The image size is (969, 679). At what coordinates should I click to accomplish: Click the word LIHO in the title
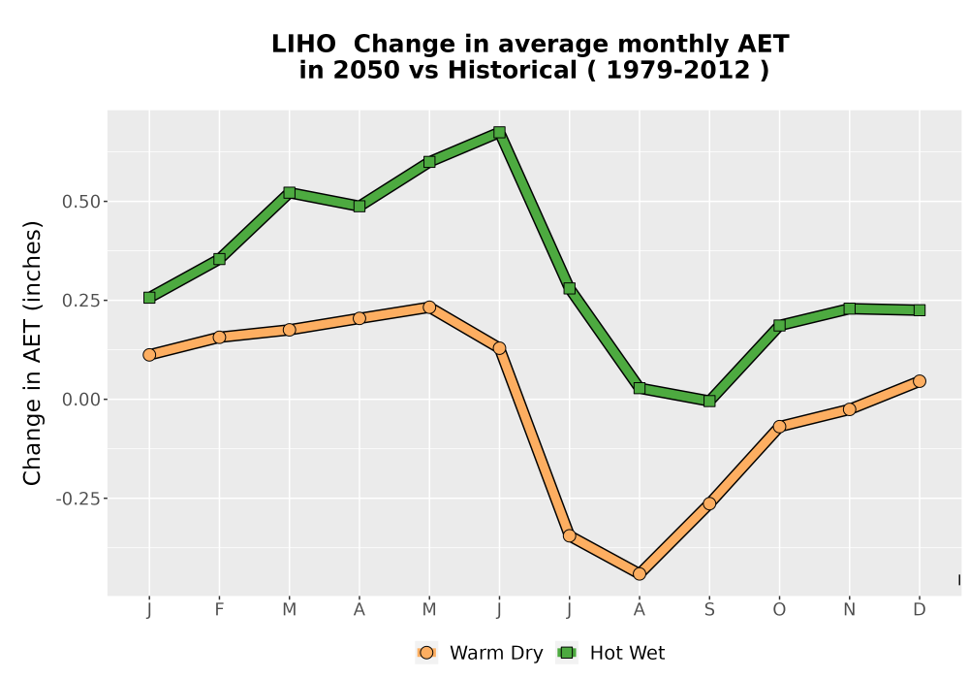tap(303, 45)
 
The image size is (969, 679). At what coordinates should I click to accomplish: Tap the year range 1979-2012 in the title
tap(678, 70)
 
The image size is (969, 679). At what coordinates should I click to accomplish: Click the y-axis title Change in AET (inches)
tap(32, 353)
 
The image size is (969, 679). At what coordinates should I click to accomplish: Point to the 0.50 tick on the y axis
tap(80, 202)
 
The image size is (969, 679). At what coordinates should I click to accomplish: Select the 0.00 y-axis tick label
tap(80, 400)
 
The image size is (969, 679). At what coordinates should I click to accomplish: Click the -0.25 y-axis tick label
tap(78, 499)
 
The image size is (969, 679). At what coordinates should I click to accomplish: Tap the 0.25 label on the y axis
tap(80, 301)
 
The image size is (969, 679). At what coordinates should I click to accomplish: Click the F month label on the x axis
tap(219, 610)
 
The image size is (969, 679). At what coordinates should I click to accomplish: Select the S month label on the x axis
tap(709, 610)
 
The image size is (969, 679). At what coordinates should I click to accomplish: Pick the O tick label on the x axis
tap(779, 610)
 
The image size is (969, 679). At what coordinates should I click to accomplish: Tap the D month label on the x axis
tap(920, 610)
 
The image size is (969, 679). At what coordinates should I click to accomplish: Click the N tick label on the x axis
tap(849, 610)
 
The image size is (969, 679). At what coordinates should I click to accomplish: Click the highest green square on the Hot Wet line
tap(499, 132)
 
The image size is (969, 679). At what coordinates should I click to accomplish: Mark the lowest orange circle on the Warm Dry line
tap(640, 574)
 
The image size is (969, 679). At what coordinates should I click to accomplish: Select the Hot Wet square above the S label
tap(709, 401)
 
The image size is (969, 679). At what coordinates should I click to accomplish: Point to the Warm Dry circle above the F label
tap(219, 337)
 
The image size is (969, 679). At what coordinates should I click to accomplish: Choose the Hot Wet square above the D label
tap(920, 309)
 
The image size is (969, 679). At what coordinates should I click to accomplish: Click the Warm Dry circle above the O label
tap(779, 426)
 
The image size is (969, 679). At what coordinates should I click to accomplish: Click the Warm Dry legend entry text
tap(496, 653)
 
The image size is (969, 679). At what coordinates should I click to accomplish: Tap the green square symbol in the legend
tap(567, 653)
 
